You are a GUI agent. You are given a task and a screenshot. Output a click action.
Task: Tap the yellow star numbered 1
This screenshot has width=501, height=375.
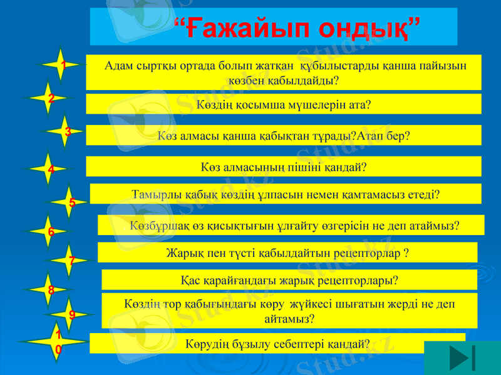[x=61, y=64]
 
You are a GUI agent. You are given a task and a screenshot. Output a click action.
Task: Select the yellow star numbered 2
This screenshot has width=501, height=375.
[x=51, y=97]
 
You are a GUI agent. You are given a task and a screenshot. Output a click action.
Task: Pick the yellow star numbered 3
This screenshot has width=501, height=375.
[x=67, y=131]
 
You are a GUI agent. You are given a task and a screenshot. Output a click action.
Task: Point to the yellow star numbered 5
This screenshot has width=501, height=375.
[x=72, y=202]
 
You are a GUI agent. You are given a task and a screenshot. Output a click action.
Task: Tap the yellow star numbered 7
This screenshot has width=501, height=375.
[x=72, y=260]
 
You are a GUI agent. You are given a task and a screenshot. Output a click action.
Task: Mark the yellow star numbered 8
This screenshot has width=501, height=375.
[x=51, y=289]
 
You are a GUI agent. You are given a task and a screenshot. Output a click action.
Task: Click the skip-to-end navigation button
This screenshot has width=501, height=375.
[x=462, y=358]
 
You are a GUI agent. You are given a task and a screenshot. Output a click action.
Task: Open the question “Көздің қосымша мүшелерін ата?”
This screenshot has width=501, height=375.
[x=283, y=104]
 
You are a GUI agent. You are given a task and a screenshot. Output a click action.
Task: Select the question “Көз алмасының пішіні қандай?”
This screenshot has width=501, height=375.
[x=283, y=167]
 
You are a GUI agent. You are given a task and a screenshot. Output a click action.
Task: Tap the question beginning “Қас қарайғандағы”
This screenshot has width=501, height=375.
[x=289, y=280]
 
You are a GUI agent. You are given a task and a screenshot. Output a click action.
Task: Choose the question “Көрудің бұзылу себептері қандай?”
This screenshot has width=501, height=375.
[x=277, y=343]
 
